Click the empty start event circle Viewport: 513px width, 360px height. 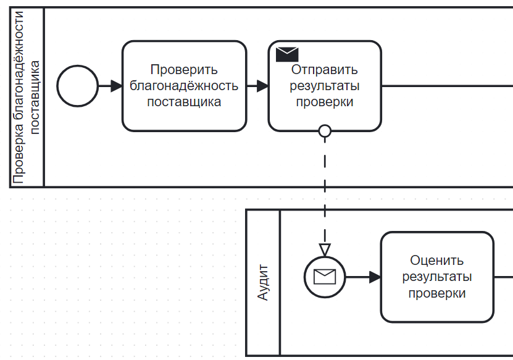coord(77,86)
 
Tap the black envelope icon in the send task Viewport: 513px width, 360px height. coord(287,54)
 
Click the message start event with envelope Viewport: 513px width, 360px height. coord(325,277)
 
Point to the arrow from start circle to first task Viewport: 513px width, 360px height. coord(110,86)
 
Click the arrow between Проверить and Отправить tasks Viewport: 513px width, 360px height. coord(257,86)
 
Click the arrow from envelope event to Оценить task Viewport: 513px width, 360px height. coord(363,277)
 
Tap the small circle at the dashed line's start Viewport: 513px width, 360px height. coord(325,131)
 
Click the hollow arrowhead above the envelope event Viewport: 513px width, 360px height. coord(325,249)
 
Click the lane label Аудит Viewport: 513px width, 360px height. coord(263,283)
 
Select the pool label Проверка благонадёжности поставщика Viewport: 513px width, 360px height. coord(27,97)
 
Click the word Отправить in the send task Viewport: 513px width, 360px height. coord(325,70)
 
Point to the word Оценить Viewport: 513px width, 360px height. coord(437,261)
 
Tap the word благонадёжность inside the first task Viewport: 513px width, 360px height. coord(184,86)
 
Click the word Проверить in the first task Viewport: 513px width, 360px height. coord(184,70)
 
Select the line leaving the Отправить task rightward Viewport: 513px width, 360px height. coord(444,86)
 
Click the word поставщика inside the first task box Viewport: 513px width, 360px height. coord(184,102)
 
